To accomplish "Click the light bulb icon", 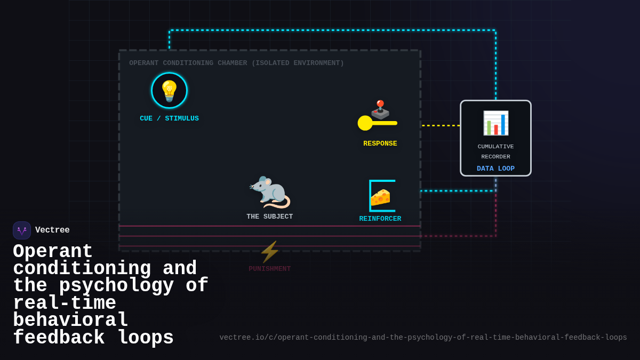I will [x=169, y=91].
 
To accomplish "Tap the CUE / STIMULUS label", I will [x=169, y=118].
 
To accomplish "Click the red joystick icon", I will [x=380, y=109].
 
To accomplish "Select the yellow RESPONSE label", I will [x=380, y=143].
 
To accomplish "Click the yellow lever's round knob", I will [x=365, y=123].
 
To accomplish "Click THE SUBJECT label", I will [x=269, y=217].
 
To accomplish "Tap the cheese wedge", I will [x=380, y=197].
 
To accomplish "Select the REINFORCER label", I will [x=380, y=219].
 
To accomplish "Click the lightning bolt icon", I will [x=269, y=252].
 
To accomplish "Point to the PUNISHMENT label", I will [x=269, y=269].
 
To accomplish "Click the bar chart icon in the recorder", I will [x=495, y=123].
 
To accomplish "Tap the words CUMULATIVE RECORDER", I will [x=495, y=151].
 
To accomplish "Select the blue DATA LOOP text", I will [x=495, y=169].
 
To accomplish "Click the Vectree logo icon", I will [x=22, y=230].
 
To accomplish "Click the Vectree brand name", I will [x=52, y=230].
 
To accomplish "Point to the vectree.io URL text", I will [x=423, y=338].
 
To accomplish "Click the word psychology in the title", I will [x=116, y=286].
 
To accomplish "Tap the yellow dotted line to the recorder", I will [x=441, y=126].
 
